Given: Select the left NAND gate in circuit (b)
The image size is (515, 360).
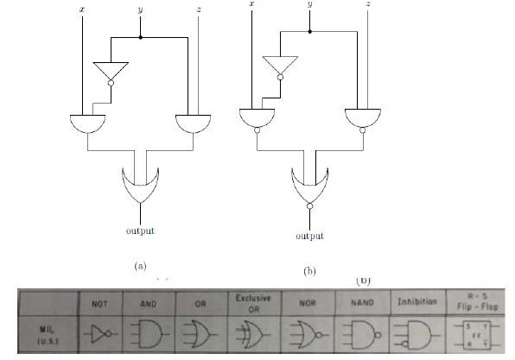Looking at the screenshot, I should pos(257,118).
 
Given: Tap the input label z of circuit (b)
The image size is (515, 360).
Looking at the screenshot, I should pos(369,3).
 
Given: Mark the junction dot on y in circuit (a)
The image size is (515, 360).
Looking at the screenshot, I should pos(140,37).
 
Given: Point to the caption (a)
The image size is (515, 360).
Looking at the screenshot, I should pos(140,267).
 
